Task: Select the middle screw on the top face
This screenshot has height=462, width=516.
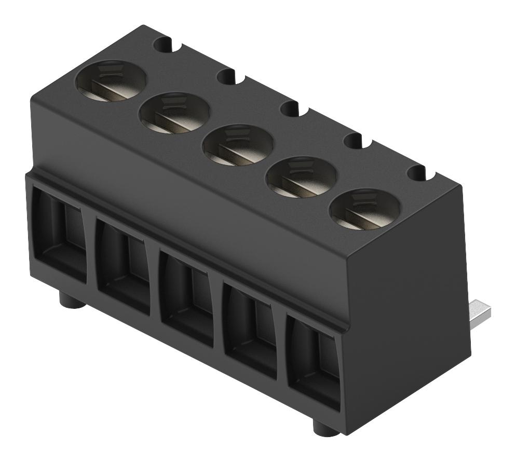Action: (x=238, y=145)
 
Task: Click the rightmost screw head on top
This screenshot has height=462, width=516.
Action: (x=365, y=210)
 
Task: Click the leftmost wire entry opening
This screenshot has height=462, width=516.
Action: (x=61, y=234)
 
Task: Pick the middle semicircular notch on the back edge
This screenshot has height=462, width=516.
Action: (x=292, y=108)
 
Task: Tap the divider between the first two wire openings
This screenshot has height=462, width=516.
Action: (x=91, y=249)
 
